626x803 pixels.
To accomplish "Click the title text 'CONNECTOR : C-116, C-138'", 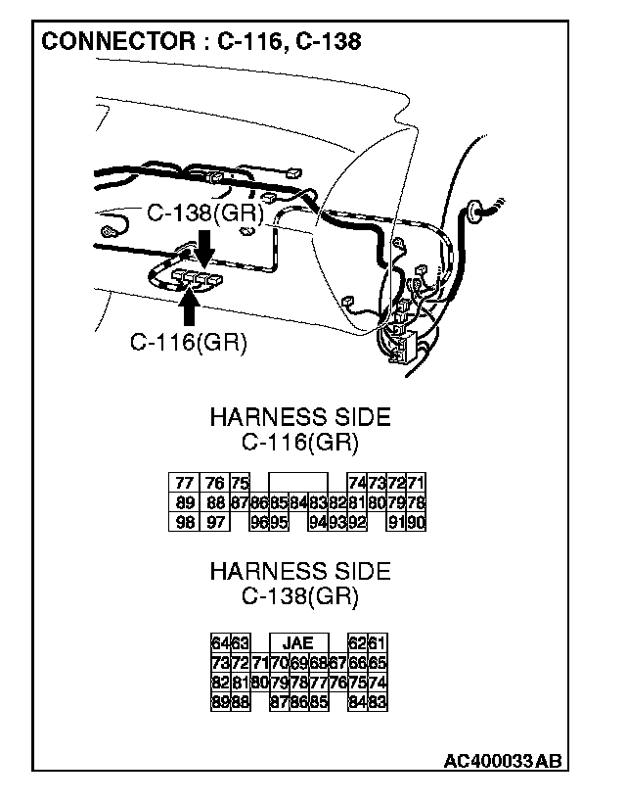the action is click(x=201, y=41).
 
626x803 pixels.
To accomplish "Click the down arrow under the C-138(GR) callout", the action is click(x=203, y=248).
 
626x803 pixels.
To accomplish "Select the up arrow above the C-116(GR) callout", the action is click(x=190, y=306).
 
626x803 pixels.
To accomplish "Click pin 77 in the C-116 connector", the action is click(x=183, y=484).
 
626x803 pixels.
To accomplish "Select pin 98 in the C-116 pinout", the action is click(x=183, y=522).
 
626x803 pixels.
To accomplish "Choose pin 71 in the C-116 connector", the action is click(x=416, y=484).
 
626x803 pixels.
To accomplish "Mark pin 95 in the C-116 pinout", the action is click(x=279, y=522).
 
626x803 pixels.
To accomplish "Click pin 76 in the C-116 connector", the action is click(x=214, y=484).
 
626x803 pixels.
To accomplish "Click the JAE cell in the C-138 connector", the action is click(x=298, y=643).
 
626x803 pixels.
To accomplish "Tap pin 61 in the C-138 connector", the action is click(x=377, y=643).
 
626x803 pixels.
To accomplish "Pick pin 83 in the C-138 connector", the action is click(x=377, y=701).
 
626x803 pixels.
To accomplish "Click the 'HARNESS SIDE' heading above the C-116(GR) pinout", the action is click(x=299, y=417).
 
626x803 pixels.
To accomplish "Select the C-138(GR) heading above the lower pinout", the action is click(x=299, y=594).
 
